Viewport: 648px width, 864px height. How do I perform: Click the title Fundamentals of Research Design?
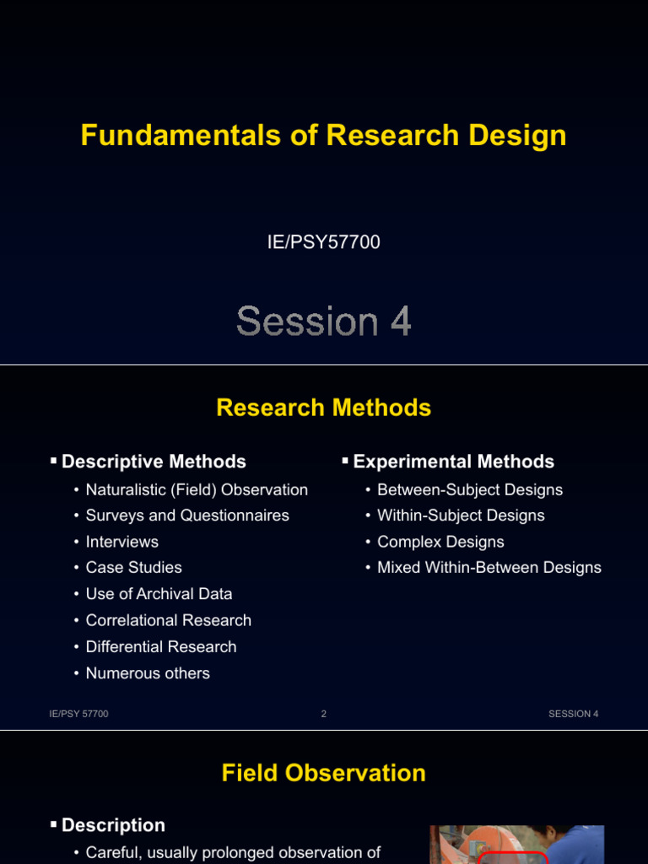323,136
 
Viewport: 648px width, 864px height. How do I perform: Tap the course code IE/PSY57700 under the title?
323,243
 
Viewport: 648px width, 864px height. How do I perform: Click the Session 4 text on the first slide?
323,321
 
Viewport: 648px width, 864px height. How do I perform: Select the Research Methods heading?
323,408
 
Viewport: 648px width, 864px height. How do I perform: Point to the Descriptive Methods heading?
154,462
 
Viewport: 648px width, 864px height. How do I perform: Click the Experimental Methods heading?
453,462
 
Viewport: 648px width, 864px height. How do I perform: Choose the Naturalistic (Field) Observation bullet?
197,490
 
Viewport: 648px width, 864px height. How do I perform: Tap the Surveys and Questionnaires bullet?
187,516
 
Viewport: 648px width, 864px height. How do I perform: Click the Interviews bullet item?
122,542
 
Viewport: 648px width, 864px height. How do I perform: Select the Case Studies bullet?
133,568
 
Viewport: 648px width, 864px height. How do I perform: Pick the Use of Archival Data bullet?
159,594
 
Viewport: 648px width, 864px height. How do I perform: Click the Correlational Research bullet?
168,620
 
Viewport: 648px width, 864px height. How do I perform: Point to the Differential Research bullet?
161,647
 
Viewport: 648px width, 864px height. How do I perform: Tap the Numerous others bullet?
148,673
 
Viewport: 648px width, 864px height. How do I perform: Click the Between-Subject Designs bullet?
469,490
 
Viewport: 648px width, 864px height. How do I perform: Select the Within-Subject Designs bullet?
461,516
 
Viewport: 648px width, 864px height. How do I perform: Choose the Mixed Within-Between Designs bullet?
489,568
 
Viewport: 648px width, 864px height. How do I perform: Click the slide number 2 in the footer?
324,714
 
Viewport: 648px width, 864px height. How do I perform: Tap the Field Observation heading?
323,773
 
